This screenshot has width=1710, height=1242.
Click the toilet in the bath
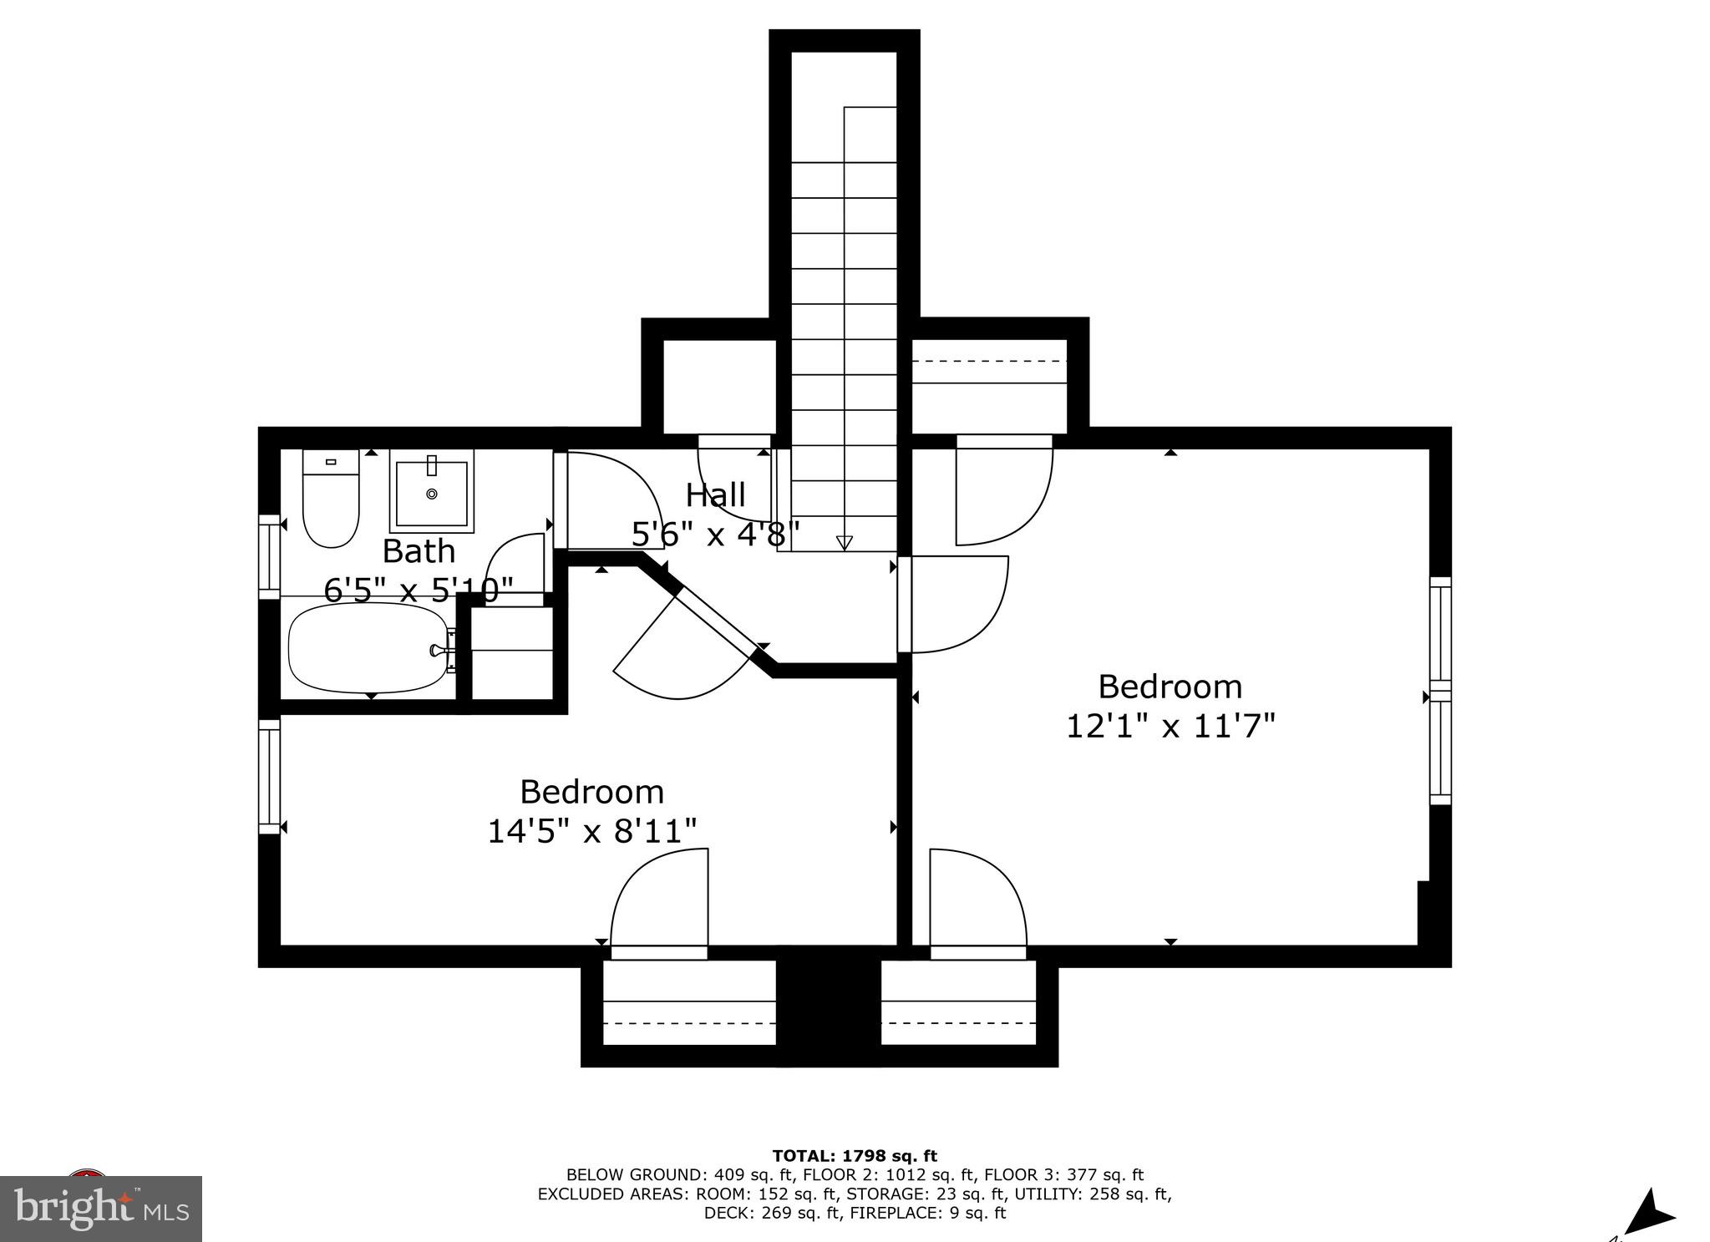[331, 499]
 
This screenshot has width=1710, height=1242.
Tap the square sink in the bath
[432, 491]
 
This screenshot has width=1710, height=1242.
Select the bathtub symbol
[368, 648]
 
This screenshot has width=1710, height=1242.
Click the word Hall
[715, 495]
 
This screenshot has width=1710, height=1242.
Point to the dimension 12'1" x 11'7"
[1170, 726]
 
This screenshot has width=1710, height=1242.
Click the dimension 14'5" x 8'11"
[591, 831]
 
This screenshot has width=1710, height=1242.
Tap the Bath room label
[419, 551]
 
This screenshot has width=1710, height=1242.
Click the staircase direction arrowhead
[845, 543]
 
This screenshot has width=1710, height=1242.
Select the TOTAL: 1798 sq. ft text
[855, 1156]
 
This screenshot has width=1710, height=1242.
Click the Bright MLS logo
[101, 1209]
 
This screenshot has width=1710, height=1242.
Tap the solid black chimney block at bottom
[828, 1006]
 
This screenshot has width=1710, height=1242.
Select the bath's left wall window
[269, 556]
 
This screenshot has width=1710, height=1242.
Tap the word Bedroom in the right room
[1170, 687]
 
